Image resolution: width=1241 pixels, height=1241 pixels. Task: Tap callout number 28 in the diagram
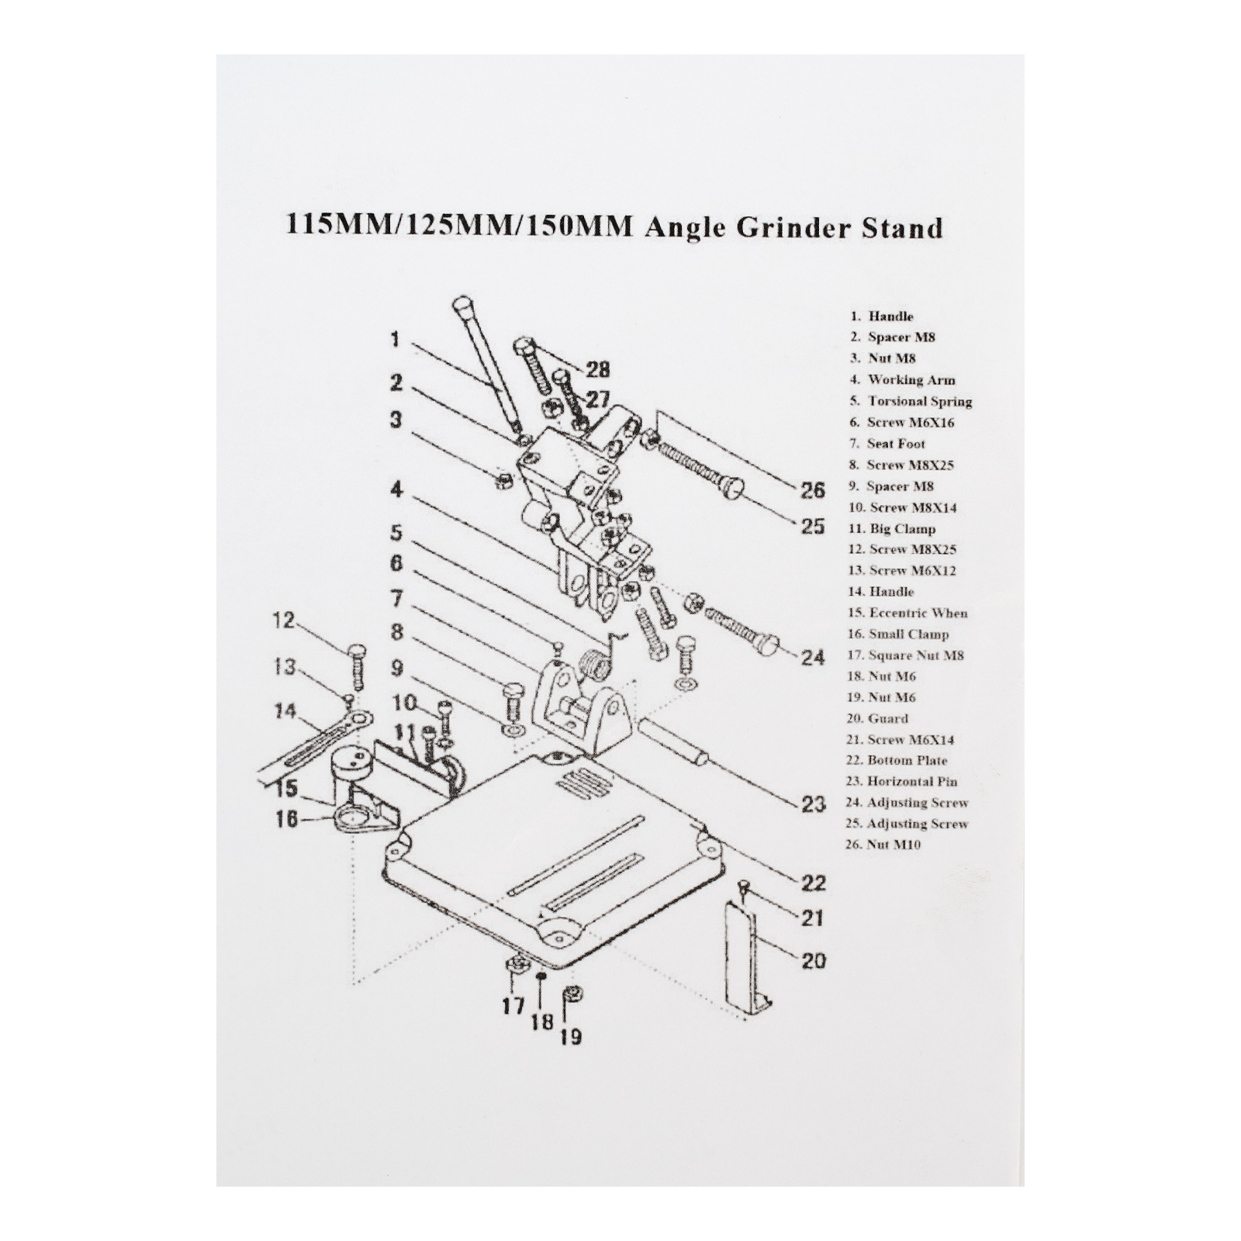(598, 369)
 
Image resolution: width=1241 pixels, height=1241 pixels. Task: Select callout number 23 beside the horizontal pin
(813, 804)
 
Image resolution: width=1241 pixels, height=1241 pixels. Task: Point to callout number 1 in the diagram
(395, 340)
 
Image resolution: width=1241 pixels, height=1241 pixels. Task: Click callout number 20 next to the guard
(813, 960)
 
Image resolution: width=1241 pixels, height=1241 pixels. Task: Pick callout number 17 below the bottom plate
(513, 1006)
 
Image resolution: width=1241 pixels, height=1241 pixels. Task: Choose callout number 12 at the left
(285, 620)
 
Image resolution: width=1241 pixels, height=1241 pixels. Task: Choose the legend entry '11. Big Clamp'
(892, 529)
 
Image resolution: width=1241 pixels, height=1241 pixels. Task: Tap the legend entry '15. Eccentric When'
(907, 613)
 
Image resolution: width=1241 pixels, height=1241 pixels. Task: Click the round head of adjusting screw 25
(732, 489)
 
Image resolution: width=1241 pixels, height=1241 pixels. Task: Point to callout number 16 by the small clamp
(286, 819)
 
